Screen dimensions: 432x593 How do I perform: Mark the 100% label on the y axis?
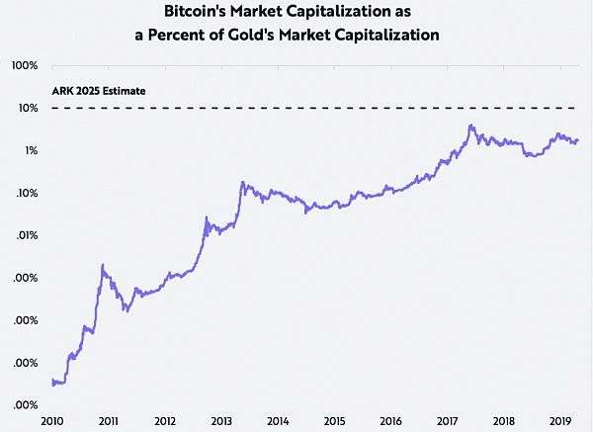(x=25, y=65)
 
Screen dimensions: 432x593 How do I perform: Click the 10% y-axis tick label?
(x=28, y=108)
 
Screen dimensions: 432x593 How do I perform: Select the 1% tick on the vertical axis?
(x=31, y=150)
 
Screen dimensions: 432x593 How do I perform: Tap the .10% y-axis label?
(x=27, y=193)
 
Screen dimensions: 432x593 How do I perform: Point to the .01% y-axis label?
(x=27, y=235)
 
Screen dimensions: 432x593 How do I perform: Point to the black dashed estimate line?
(x=316, y=107)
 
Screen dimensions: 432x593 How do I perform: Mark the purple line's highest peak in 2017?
(x=471, y=126)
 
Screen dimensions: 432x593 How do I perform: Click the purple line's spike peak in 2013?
(x=242, y=182)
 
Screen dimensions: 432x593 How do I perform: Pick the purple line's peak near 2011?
(x=103, y=265)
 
